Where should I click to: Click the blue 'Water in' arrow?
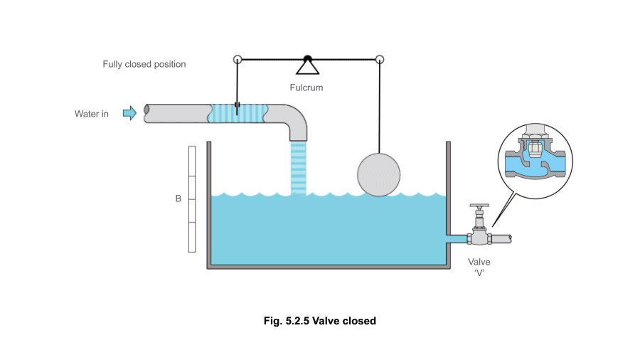(129, 113)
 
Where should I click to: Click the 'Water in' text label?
(92, 114)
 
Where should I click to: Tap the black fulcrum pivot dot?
(307, 58)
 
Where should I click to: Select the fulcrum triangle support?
(307, 68)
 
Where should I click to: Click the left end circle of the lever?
(237, 59)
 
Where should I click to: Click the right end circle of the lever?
(380, 59)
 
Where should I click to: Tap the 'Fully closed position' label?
(144, 64)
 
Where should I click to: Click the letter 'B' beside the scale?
(178, 198)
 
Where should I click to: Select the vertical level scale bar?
(191, 198)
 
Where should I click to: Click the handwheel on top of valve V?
(481, 207)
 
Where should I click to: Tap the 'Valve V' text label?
(479, 267)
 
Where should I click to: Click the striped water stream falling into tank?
(299, 167)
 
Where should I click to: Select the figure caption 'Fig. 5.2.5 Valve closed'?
(319, 321)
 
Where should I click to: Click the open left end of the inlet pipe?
(147, 113)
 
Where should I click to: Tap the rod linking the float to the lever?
(380, 107)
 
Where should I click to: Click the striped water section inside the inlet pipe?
(238, 113)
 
